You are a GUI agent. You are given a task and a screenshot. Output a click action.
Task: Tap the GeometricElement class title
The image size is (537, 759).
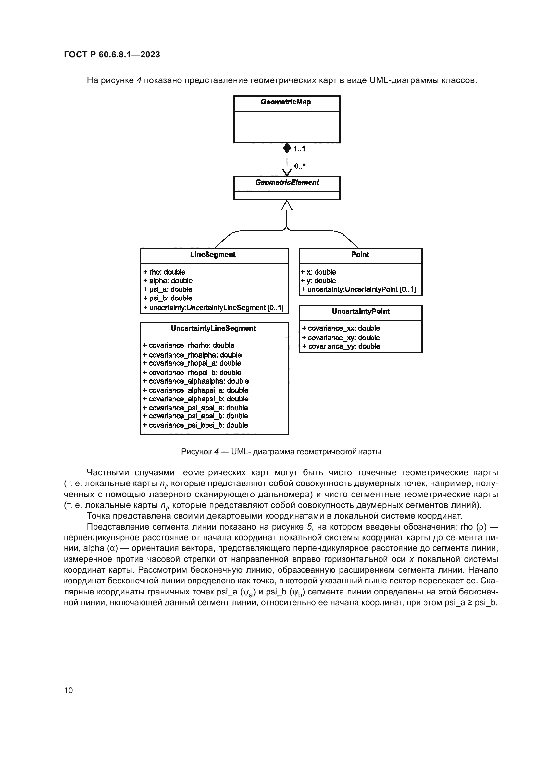tap(287, 182)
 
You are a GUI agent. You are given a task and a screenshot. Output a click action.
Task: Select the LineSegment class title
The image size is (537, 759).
tap(213, 254)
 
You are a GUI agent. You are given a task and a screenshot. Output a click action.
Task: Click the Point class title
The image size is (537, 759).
tap(360, 254)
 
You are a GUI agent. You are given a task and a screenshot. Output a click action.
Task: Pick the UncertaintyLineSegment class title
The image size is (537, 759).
tap(213, 328)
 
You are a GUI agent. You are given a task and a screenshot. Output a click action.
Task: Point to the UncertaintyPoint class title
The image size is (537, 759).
tap(361, 312)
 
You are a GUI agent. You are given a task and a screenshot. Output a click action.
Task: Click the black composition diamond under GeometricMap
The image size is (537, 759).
tap(287, 148)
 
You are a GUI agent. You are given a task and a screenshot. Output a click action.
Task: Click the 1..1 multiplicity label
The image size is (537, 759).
tap(299, 149)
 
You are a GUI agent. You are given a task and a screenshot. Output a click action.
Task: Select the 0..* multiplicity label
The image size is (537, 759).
tap(300, 166)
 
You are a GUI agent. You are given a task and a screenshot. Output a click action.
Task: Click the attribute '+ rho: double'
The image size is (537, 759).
tap(164, 272)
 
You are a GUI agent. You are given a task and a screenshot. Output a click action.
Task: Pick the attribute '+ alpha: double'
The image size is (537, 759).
tap(168, 281)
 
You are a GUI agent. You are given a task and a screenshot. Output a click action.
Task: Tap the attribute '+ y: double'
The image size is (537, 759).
tap(318, 281)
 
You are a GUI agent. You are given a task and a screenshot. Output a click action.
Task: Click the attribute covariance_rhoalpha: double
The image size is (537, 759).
tap(192, 355)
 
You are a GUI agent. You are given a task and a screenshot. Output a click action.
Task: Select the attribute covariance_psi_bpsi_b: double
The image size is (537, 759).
tap(195, 425)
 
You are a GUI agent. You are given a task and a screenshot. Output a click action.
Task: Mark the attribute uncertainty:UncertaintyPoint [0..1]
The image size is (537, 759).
tap(358, 289)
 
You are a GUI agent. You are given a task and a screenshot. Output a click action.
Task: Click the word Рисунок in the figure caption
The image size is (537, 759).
tap(196, 452)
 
